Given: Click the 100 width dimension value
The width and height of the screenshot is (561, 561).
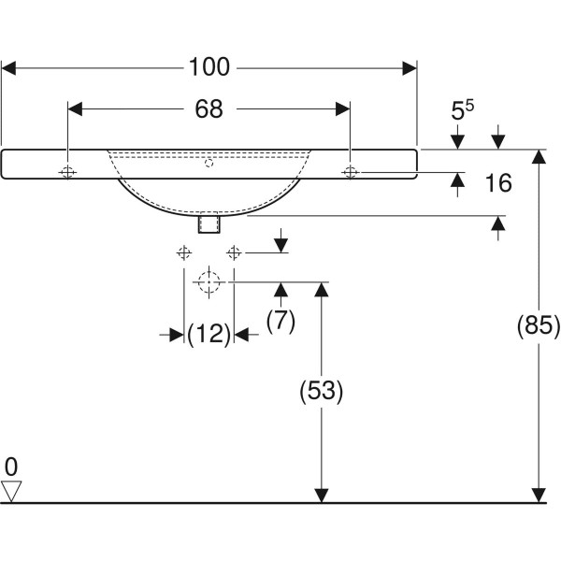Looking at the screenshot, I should [209, 67].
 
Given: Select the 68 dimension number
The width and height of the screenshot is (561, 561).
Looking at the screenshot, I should [209, 108].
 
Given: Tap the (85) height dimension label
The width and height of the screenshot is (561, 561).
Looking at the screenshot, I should [539, 326].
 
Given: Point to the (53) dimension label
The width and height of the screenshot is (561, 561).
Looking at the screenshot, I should [322, 392].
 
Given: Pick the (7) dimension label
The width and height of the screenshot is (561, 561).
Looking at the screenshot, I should [280, 321].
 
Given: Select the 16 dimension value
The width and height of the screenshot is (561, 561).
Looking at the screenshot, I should [498, 183].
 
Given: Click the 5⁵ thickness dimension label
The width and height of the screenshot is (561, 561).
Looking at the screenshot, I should [462, 112].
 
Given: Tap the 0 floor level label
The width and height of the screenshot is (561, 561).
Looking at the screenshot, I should [11, 466].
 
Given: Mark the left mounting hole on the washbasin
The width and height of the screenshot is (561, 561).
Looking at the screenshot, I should [68, 172].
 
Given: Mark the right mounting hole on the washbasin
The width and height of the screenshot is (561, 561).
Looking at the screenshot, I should [350, 172].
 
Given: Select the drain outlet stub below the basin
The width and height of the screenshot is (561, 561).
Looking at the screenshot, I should [209, 224].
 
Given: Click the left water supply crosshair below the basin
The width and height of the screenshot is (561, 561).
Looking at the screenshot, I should [184, 252].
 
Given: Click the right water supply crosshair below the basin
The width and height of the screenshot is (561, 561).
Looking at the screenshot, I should [234, 252].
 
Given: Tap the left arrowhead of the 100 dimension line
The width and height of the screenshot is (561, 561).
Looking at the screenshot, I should [9, 67].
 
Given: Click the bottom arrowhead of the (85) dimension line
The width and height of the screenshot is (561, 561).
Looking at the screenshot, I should [539, 495].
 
